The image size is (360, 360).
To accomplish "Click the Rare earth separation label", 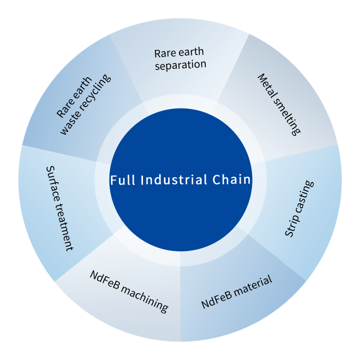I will click(x=179, y=59).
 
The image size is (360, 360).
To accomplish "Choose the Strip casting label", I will click(x=299, y=208).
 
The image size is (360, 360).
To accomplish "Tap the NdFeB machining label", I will click(x=129, y=291).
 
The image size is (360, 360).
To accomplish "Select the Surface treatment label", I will click(x=59, y=208).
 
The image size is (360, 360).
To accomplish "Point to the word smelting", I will click(x=286, y=116).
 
